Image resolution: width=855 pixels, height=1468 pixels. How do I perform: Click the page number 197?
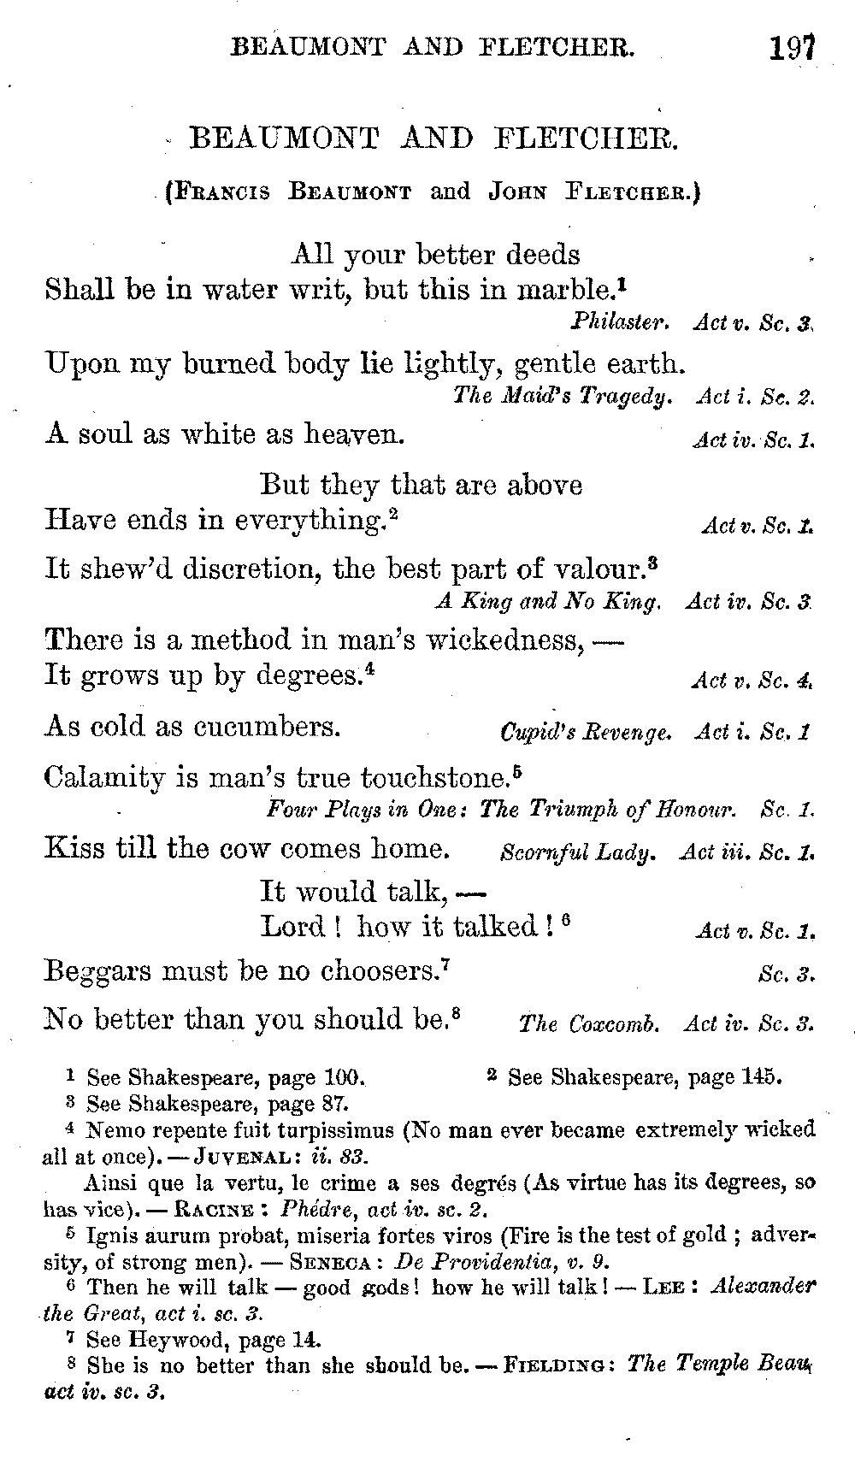[791, 46]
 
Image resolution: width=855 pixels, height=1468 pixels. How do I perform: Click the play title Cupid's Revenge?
[586, 733]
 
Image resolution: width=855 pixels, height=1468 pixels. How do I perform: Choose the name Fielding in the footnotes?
[560, 1365]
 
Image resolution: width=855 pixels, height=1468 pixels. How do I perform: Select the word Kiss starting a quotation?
[74, 848]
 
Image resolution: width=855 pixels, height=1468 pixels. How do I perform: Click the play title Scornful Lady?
[578, 852]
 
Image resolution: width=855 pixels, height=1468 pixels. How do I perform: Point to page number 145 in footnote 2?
[759, 1076]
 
